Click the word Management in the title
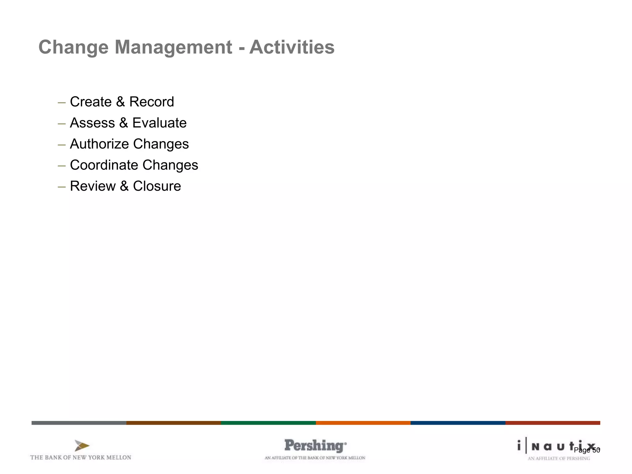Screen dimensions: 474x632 (x=173, y=47)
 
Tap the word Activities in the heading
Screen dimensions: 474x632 (x=292, y=47)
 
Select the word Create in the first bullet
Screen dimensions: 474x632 (x=91, y=102)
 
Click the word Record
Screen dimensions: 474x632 (x=152, y=102)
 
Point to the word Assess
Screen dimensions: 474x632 (x=92, y=123)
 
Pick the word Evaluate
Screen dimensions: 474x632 (x=159, y=123)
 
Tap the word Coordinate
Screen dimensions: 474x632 (x=104, y=165)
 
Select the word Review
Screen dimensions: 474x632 (x=93, y=186)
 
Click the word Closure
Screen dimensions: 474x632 (x=157, y=186)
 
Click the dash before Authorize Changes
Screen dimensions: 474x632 (x=62, y=144)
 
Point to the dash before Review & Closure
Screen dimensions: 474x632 (x=62, y=186)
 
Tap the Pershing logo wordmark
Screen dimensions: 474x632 (x=315, y=446)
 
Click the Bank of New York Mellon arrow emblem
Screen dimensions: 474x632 (x=82, y=446)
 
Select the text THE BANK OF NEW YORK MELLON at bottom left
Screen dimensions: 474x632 (x=81, y=457)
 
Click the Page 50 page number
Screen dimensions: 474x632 (x=587, y=450)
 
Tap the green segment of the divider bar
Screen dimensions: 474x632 (x=268, y=423)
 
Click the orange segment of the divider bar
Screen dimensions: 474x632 (x=363, y=423)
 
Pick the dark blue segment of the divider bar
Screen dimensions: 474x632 (x=458, y=423)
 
